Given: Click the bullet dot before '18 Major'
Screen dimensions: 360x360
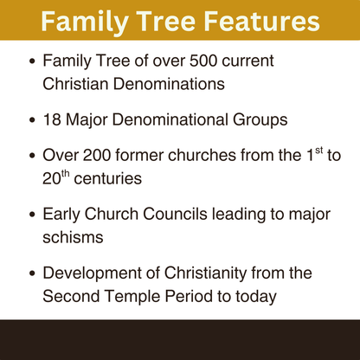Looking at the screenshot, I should (33, 117).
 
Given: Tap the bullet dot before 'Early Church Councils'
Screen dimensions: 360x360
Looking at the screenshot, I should (33, 212).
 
